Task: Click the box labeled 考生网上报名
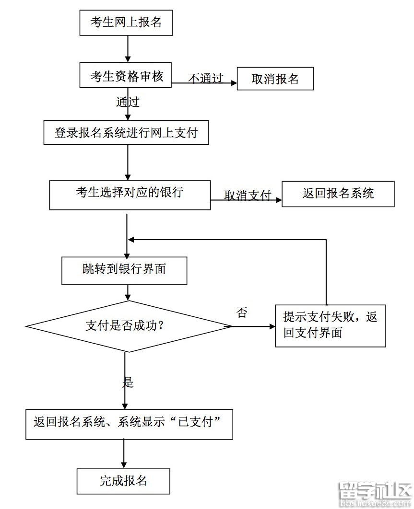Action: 126,23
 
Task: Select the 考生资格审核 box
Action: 127,76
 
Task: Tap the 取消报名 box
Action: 275,79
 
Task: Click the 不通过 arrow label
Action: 205,78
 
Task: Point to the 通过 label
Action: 128,102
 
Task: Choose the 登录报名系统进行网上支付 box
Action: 126,133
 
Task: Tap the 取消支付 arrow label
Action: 248,195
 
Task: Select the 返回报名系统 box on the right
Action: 338,194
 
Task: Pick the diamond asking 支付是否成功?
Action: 129,326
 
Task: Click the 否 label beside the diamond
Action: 242,313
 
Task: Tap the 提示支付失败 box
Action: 331,324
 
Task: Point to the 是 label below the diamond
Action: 128,382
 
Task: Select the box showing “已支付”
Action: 129,424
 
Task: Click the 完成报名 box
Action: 123,481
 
